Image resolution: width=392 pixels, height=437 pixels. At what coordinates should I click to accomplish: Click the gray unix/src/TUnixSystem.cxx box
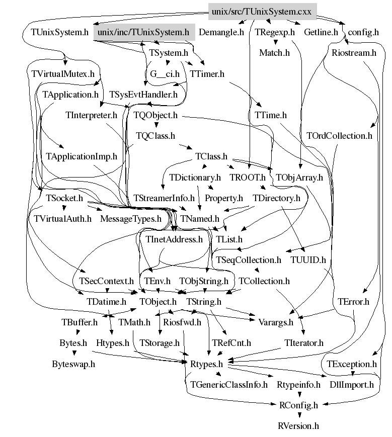[x=262, y=11]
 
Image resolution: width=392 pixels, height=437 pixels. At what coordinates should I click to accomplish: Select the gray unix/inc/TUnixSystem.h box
[x=143, y=33]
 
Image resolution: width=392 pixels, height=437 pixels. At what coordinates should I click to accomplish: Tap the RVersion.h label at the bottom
[x=298, y=426]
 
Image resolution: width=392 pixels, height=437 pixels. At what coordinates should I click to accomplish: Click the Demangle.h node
[x=221, y=33]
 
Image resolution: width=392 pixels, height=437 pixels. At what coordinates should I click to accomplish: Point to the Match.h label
[x=274, y=52]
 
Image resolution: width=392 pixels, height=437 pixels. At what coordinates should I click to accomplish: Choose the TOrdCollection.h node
[x=339, y=136]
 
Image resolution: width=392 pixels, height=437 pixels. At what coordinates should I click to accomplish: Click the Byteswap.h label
[x=73, y=364]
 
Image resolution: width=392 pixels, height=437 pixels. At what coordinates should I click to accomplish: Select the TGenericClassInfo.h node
[x=229, y=385]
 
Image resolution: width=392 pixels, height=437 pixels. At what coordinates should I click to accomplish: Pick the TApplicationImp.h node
[x=81, y=156]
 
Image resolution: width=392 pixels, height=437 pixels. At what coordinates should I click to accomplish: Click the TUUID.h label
[x=308, y=260]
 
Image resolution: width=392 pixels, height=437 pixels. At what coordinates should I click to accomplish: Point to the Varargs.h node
[x=275, y=322]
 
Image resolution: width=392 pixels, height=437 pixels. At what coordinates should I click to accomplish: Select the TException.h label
[x=352, y=364]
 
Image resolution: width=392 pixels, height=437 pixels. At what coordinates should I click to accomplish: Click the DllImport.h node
[x=352, y=385]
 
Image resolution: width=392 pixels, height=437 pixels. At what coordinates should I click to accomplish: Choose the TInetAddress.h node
[x=174, y=239]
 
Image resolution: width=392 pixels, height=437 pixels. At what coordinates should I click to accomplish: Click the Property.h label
[x=224, y=198]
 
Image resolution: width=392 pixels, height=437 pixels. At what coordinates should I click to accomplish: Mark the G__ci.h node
[x=165, y=74]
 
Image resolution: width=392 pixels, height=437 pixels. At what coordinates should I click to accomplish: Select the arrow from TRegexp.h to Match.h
[x=275, y=43]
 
